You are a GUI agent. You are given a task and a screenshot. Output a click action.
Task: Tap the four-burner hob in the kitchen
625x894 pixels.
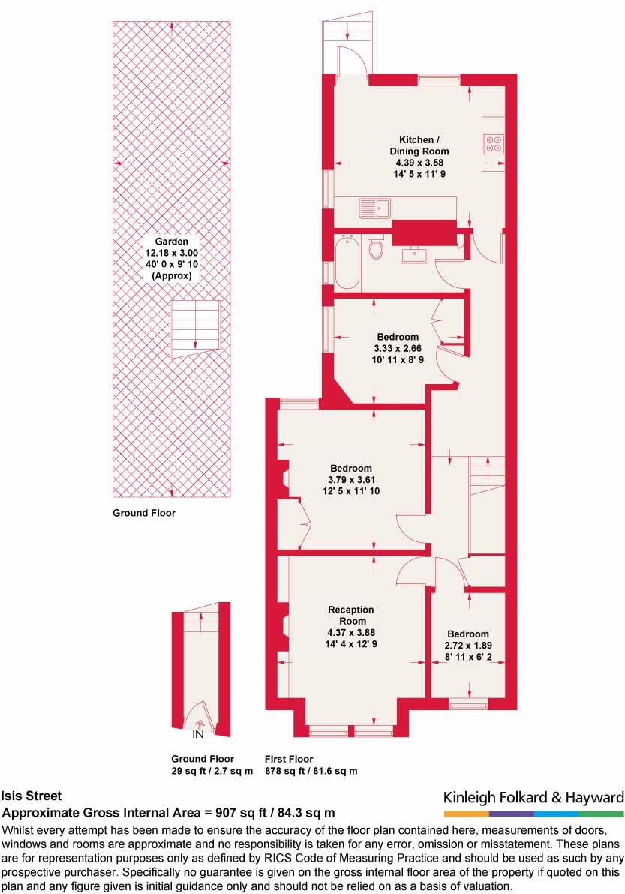point(494,142)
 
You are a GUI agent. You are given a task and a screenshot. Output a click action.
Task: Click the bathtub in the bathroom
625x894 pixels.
point(347,262)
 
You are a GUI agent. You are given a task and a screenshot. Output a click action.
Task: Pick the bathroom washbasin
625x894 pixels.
point(414,254)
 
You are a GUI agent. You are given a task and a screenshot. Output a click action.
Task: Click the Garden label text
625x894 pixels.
point(171,241)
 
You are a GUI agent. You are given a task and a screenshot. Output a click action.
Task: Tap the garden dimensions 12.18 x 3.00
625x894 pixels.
point(171,253)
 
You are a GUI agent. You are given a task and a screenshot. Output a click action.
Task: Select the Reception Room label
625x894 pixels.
point(351,615)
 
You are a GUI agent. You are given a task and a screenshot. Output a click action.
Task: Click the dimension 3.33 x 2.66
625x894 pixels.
point(398,348)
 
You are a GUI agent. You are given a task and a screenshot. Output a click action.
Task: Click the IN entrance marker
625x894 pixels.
point(199,734)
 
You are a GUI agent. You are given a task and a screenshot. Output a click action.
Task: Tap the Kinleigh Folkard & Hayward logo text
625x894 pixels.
point(533,796)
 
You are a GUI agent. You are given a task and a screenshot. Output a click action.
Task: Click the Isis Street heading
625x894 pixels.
point(32,796)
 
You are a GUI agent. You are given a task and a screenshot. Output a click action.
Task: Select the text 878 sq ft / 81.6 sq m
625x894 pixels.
point(311,771)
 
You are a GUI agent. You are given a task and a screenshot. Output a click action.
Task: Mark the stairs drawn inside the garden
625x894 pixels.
point(195,328)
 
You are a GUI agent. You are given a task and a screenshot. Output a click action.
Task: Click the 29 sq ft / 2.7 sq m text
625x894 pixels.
point(212,771)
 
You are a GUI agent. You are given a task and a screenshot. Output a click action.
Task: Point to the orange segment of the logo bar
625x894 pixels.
point(466,813)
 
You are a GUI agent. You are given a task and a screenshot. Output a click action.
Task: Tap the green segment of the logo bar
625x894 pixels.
point(601,813)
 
